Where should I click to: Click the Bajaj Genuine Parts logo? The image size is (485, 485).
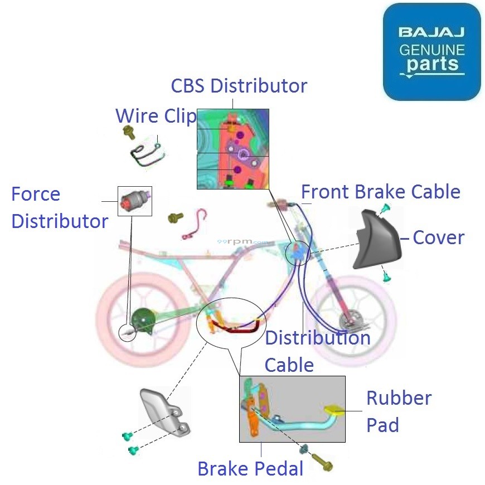(431, 52)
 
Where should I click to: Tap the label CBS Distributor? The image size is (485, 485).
(239, 86)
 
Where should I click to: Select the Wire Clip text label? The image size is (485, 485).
(156, 116)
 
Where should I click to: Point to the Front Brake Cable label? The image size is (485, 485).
(380, 192)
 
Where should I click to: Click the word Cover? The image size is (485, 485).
(438, 237)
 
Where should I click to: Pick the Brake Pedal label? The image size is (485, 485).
(250, 469)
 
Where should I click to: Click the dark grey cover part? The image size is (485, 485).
(376, 239)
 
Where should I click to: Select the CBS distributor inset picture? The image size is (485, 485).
(232, 148)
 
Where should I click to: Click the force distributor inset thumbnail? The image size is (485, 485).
(134, 201)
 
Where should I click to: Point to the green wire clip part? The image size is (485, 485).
(146, 153)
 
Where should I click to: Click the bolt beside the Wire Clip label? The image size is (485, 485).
(129, 133)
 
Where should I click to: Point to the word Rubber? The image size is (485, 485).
(399, 398)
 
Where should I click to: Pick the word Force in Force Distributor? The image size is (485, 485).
(36, 194)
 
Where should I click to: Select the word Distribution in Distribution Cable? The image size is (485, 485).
(317, 338)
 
